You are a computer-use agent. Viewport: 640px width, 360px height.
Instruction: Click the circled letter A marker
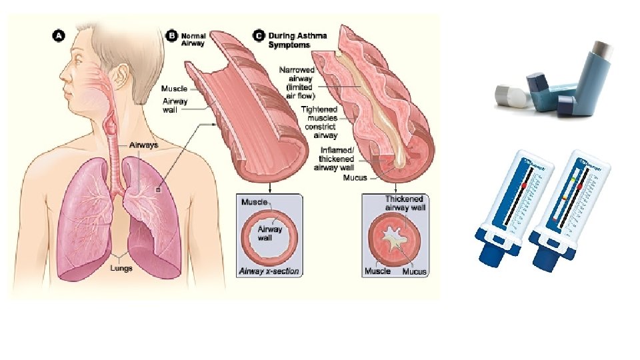click(58, 38)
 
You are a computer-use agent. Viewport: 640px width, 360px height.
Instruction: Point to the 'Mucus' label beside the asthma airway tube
click(356, 178)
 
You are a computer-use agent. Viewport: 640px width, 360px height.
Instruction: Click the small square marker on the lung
click(158, 189)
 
